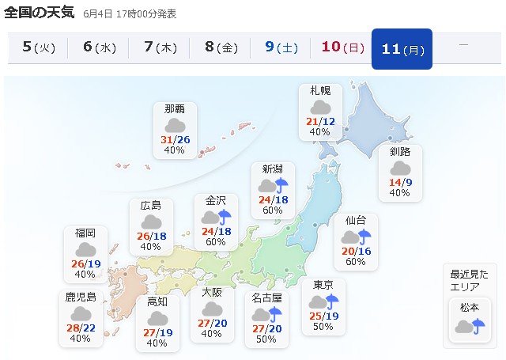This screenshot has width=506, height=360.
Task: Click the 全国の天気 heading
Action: (40, 13)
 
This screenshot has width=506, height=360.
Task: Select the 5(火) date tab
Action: (37, 47)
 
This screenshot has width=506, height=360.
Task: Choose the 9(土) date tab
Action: (281, 47)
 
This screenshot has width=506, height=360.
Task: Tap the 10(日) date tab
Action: (341, 47)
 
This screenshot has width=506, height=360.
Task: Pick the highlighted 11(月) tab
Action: (402, 48)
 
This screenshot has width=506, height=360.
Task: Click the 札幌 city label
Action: (320, 91)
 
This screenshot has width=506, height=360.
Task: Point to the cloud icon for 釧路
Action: (400, 168)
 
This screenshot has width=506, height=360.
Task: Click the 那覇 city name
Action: (175, 109)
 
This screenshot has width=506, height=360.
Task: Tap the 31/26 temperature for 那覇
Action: (175, 140)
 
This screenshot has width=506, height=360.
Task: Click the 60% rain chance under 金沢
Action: (216, 242)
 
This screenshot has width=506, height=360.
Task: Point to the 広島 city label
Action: (151, 205)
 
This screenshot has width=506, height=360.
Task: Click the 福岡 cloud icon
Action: (85, 249)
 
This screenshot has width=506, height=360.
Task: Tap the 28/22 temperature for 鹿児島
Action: (81, 328)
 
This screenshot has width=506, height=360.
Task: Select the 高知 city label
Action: (157, 301)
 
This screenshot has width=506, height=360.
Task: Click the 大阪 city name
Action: (211, 292)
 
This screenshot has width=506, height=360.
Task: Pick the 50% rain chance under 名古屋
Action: (266, 339)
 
